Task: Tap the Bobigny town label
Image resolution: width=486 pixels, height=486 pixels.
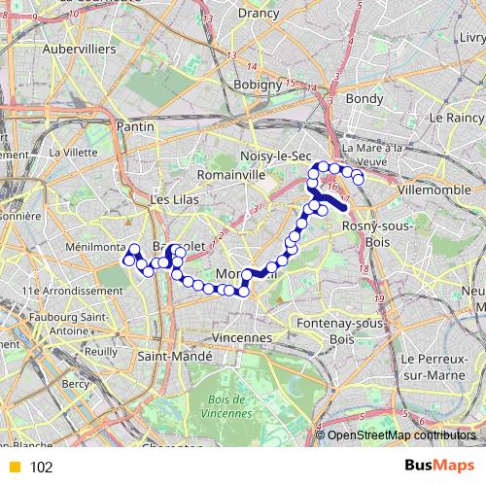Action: [x=257, y=85]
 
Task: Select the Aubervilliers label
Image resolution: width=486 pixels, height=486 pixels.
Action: [x=80, y=48]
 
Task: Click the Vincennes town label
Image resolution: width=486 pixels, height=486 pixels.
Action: [x=237, y=337]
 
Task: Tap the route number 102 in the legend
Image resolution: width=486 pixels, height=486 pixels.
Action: [x=42, y=468]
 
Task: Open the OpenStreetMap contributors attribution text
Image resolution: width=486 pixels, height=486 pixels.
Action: [x=401, y=435]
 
